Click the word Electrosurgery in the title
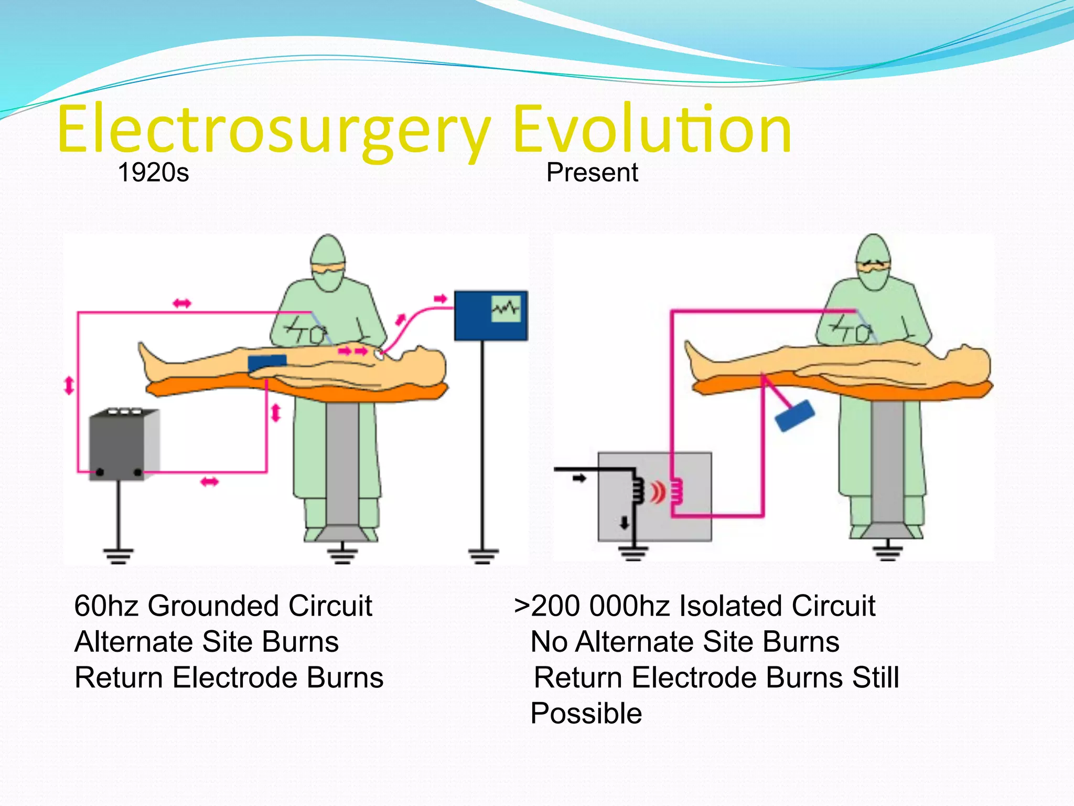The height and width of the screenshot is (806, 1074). tap(273, 130)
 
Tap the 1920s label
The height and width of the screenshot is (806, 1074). tap(153, 172)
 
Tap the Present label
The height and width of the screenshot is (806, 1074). tap(592, 172)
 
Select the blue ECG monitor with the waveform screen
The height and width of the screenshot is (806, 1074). tap(490, 315)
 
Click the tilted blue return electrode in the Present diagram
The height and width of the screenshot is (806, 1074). tap(794, 416)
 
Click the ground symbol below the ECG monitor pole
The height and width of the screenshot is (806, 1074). tap(483, 555)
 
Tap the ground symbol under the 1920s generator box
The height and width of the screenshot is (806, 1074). tap(118, 555)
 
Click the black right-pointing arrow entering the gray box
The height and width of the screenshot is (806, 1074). tap(579, 478)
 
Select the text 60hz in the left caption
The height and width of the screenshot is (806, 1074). tap(106, 606)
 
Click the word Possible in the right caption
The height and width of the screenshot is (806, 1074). tap(586, 714)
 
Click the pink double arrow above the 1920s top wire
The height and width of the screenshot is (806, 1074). tap(182, 303)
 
